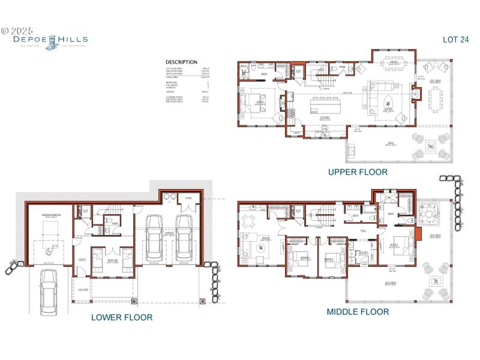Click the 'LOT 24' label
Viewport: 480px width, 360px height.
pos(455,40)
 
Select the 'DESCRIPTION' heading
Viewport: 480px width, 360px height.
pos(181,62)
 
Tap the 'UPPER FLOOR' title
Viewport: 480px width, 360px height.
pos(358,172)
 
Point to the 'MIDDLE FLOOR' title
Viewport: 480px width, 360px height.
pos(358,311)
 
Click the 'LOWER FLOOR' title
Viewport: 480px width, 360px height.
pos(122,317)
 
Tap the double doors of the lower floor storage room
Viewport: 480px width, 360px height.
pos(189,208)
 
